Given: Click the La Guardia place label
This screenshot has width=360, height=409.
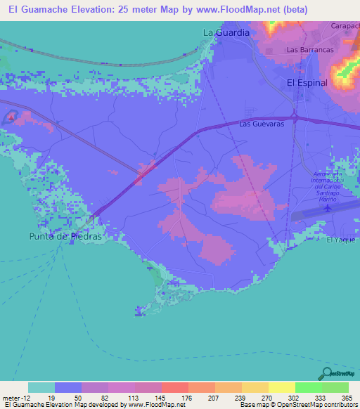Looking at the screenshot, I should [226, 32].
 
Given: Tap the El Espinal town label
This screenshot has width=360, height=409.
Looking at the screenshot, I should [307, 82].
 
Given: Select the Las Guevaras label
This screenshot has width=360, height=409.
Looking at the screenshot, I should [261, 124].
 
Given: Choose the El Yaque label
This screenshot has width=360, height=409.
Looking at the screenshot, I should [341, 240].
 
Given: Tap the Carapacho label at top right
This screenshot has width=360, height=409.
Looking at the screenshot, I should [345, 25].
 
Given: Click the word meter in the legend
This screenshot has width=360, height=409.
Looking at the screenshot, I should [11, 396].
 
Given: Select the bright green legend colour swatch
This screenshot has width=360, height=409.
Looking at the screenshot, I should [309, 387].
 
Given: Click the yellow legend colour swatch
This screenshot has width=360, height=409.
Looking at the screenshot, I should [282, 387].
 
